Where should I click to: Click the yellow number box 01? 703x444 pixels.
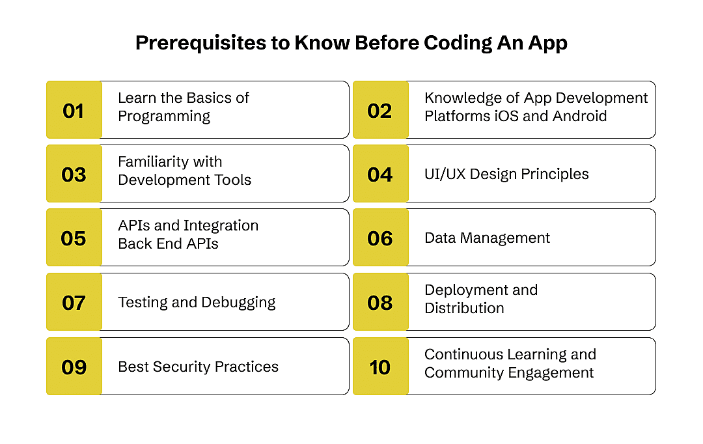74,110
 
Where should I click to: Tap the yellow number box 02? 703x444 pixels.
380,110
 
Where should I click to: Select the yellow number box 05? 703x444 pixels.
74,238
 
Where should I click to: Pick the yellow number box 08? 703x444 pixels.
380,302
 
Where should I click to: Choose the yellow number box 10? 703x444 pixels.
380,367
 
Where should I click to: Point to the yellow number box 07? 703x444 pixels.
74,302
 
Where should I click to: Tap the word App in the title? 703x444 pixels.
547,43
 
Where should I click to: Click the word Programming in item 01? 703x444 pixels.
164,117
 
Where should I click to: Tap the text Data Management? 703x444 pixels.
487,238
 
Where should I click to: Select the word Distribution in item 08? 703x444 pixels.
464,309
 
